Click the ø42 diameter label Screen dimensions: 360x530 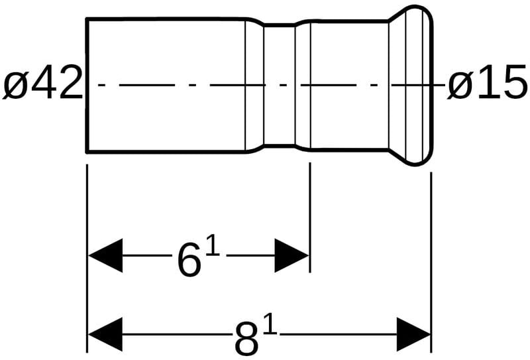[42, 86]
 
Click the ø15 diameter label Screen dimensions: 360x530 [487, 86]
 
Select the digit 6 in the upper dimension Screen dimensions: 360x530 [189, 260]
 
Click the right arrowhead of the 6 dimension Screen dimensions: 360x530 [292, 255]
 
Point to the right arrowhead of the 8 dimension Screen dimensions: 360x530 [414, 333]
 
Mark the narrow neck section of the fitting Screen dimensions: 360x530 [279, 86]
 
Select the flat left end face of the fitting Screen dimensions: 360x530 [87, 86]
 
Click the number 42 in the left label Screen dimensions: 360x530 [54, 86]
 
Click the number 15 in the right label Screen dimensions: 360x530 [500, 86]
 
